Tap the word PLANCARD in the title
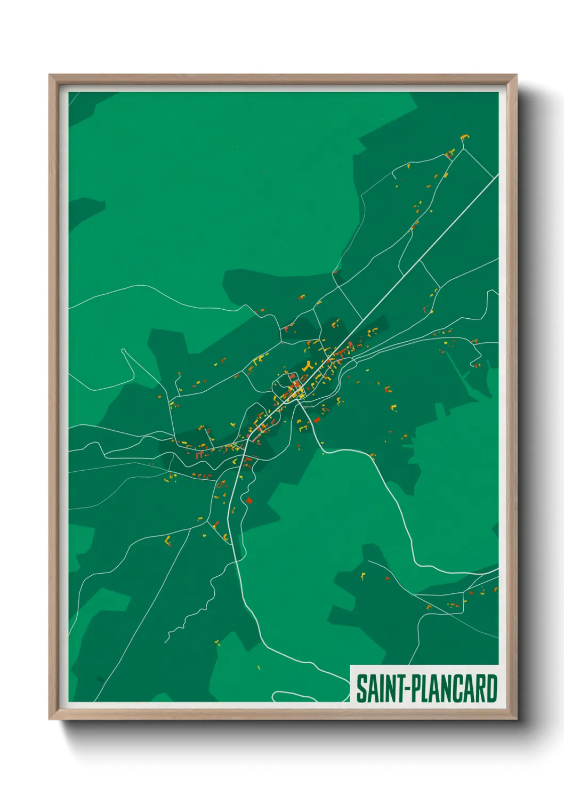[454, 688]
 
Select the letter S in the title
[361, 688]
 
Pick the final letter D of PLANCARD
[492, 688]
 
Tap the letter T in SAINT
[400, 688]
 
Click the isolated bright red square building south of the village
[248, 500]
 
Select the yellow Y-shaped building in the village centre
[307, 367]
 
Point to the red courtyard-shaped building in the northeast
[449, 155]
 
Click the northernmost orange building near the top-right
[464, 137]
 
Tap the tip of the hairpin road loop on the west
[123, 350]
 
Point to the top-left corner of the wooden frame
[50, 75]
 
